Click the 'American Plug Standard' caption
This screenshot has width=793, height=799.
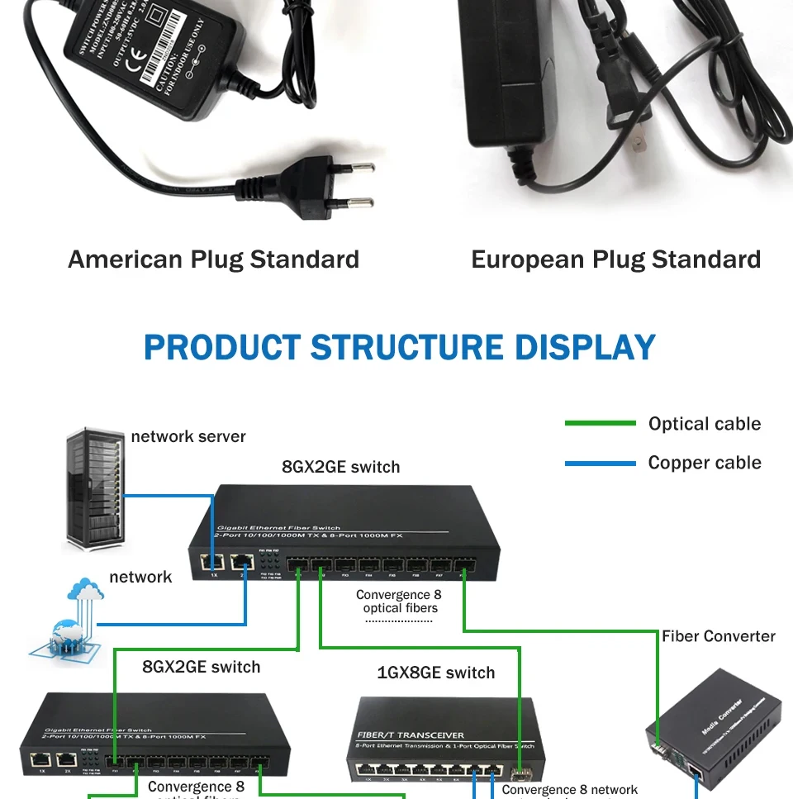pos(213,259)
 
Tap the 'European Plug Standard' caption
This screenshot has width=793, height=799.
pos(615,259)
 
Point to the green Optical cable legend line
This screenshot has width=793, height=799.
pos(600,424)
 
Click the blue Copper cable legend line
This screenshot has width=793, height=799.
pos(600,464)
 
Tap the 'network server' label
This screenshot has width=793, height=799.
pos(188,436)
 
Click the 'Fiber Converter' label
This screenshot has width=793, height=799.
pos(718,636)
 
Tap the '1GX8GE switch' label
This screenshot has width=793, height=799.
pos(436,673)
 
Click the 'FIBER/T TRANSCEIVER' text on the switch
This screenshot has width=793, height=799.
pos(411,735)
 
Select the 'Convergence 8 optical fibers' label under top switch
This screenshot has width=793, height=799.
pos(399,602)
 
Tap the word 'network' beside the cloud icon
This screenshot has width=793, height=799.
pos(141,577)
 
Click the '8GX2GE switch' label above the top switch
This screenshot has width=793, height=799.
pos(340,467)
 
